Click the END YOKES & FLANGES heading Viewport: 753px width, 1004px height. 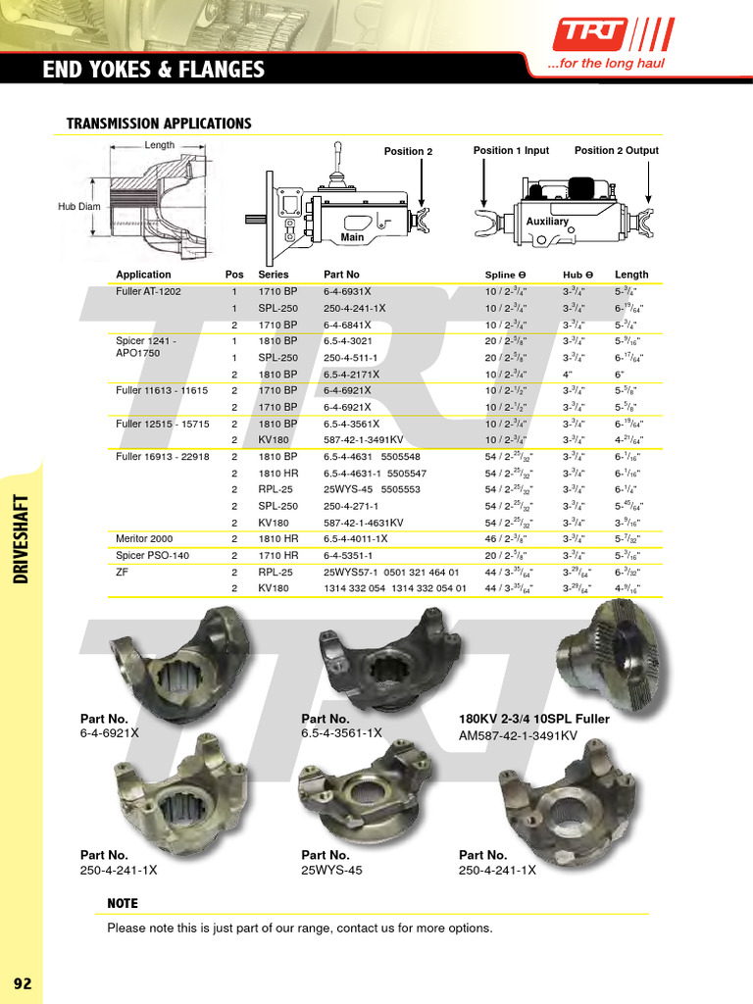pos(154,69)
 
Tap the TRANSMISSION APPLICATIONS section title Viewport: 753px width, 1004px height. pos(158,124)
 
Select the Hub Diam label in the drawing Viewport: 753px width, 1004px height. pos(79,207)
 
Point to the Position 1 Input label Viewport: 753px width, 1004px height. pos(511,151)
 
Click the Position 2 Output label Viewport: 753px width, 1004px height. pos(616,151)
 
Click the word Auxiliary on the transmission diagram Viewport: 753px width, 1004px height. pos(547,222)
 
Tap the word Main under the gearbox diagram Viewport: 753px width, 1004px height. pos(352,237)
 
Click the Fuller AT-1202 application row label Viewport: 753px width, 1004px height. pos(148,292)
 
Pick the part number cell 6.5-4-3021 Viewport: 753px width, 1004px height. pos(349,341)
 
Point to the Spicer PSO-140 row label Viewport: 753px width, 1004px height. pos(154,555)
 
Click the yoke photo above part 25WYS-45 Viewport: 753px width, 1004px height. pos(362,791)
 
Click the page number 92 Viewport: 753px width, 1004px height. pos(22,983)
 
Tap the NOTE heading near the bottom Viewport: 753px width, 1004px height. pos(123,903)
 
